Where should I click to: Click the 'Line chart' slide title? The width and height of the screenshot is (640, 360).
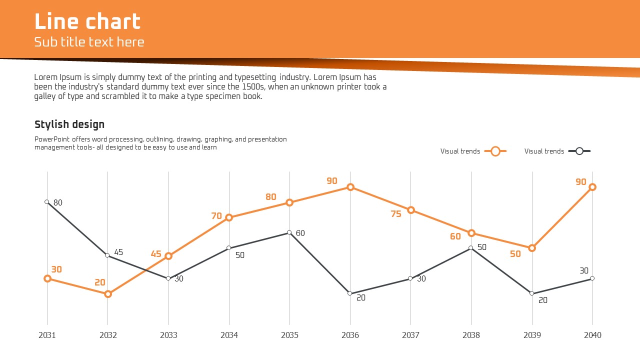[x=87, y=22]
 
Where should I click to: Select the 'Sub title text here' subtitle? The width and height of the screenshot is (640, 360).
[x=89, y=42]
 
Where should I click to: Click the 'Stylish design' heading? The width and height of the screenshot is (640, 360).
[x=69, y=124]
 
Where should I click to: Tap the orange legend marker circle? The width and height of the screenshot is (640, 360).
[x=495, y=151]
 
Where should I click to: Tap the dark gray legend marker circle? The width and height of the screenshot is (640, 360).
[x=579, y=151]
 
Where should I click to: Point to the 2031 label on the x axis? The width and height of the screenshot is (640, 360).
[x=47, y=335]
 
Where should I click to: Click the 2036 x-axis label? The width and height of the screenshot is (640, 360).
[x=350, y=335]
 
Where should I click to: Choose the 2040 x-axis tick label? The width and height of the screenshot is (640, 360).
[x=592, y=335]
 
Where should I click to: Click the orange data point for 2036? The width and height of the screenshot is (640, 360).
[x=350, y=187]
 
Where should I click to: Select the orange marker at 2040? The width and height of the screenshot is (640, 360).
[x=592, y=187]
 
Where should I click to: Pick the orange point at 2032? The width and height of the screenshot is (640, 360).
[x=108, y=294]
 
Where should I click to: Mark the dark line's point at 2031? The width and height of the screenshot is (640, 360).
[x=47, y=202]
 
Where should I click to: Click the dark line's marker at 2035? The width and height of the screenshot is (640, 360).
[x=289, y=232]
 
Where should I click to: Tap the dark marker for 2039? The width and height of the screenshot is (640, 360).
[x=532, y=293]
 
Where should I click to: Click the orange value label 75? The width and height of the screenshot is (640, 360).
[x=396, y=214]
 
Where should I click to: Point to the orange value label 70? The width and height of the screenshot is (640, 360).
[x=216, y=216]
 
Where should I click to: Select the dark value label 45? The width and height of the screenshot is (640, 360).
[x=118, y=252]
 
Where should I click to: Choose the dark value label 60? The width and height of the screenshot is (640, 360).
[x=300, y=233]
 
